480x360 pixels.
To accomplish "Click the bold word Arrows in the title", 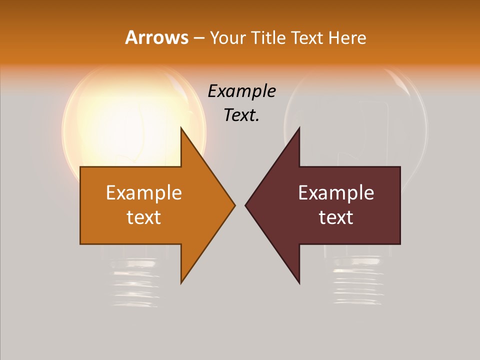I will point(156,37).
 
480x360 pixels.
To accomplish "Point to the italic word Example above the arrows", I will point(242,91).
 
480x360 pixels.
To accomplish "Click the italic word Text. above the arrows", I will point(242,115).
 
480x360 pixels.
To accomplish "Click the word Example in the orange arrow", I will point(144,193).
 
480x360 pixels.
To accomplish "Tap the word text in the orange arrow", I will point(144,217).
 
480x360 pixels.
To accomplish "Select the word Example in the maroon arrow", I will point(336,193).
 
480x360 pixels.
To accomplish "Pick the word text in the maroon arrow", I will point(336,217).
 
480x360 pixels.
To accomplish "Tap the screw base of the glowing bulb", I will point(134,282).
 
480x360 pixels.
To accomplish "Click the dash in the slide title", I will point(198,38).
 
